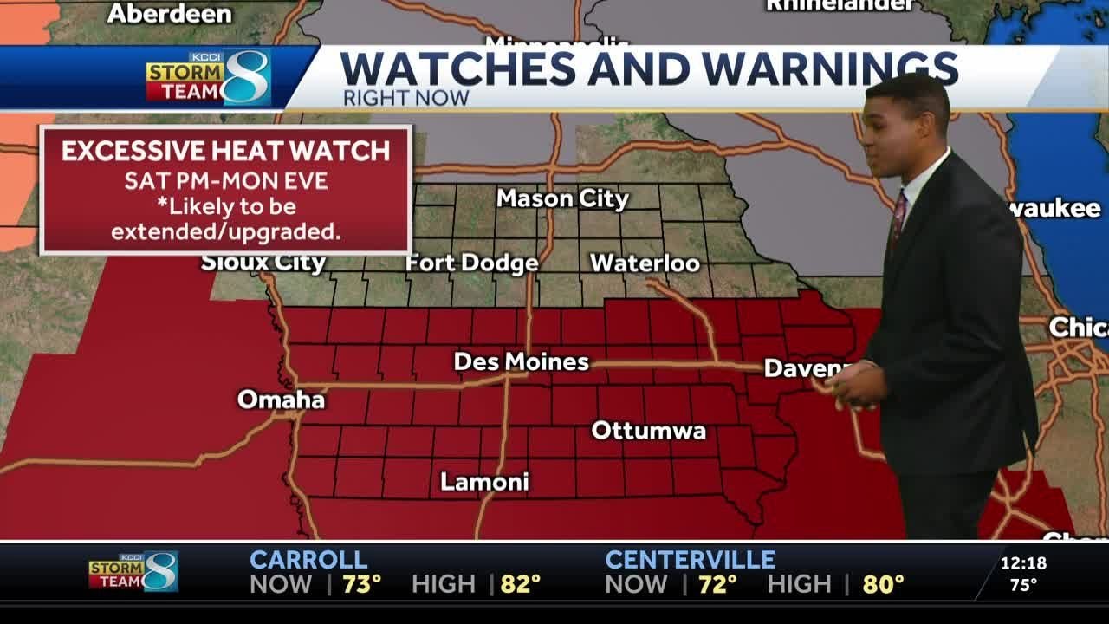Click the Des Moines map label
522,361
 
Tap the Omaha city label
281,400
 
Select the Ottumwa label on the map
648,431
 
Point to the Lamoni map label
484,482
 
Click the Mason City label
562,198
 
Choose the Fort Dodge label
472,263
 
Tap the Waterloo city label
645,263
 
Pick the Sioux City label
263,263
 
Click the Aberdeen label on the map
170,14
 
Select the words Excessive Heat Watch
225,151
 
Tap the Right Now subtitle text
405,98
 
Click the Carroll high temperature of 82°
520,585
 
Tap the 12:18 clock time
1023,563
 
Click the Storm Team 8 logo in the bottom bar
133,572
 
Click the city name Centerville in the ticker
690,560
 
